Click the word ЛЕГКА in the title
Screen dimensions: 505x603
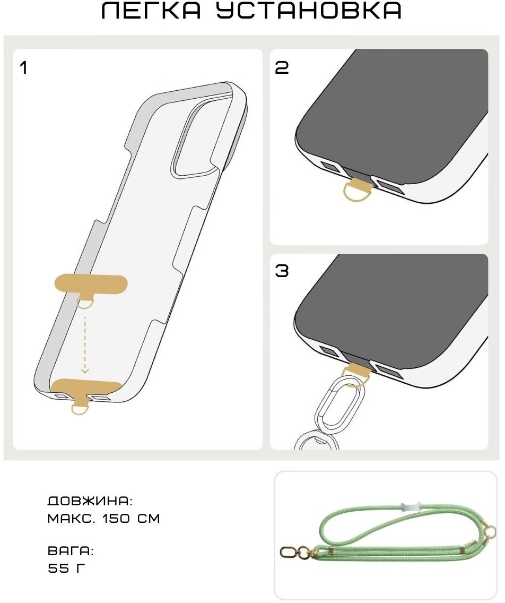[151, 11]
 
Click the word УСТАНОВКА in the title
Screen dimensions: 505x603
[309, 11]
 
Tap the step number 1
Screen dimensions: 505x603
[24, 68]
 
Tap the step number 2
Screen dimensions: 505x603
[282, 68]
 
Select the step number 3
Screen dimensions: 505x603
[282, 271]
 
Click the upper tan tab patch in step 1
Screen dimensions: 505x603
[91, 285]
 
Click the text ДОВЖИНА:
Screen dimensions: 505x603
[90, 501]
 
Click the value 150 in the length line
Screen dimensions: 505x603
[116, 519]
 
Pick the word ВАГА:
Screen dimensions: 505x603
[71, 550]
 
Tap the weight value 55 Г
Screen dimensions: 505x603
[67, 568]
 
